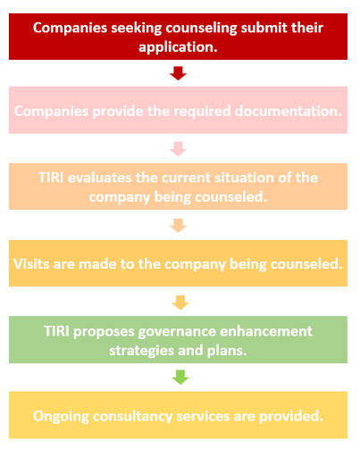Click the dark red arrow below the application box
(178, 73)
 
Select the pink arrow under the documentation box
(178, 149)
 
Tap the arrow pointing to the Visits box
(178, 225)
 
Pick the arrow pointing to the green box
(180, 303)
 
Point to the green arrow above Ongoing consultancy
(180, 378)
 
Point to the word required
(202, 112)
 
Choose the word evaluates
(99, 178)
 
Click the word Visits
(31, 264)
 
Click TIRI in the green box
(56, 331)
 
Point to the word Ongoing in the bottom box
(61, 417)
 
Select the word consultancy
(132, 417)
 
